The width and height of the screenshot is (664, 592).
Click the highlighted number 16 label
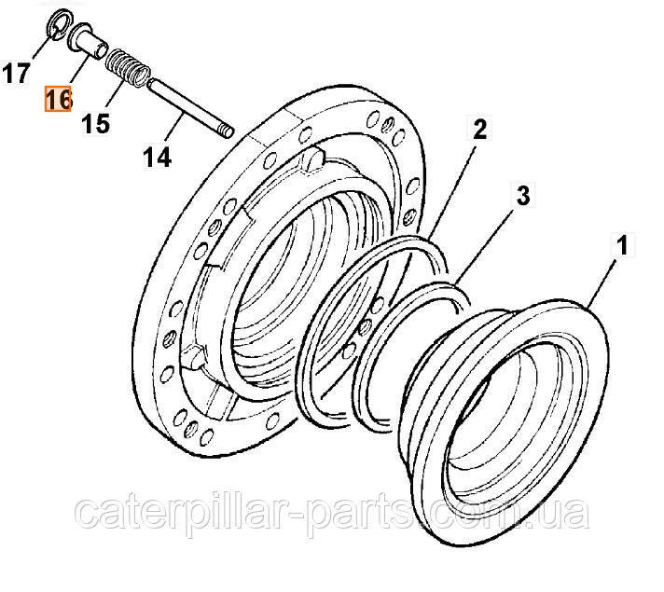[58, 99]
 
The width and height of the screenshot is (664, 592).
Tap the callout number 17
[16, 73]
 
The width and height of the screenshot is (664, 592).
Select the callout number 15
[95, 124]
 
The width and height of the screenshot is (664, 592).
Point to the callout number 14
[157, 158]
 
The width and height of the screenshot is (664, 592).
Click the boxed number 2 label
[479, 129]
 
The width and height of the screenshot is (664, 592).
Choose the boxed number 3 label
[523, 196]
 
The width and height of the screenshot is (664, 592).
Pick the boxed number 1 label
[622, 245]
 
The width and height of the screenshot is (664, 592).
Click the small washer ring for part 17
[59, 23]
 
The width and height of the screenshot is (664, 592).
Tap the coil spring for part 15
[128, 69]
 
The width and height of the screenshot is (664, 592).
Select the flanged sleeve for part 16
[88, 42]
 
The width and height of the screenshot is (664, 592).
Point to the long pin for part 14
[190, 108]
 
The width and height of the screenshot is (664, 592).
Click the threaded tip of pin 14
[228, 131]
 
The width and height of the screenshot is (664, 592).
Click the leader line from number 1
[601, 283]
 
